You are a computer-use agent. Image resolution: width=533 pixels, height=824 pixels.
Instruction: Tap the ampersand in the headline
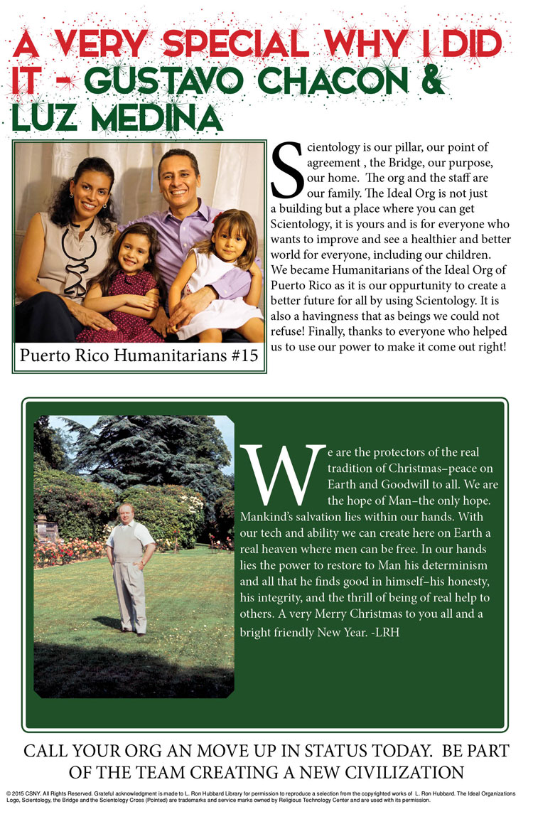click(x=429, y=82)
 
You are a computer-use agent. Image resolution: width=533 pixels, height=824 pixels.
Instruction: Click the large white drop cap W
click(x=283, y=473)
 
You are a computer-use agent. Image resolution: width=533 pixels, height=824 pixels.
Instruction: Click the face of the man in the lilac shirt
click(x=178, y=178)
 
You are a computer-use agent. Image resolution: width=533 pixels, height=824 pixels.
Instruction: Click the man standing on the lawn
click(x=130, y=565)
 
